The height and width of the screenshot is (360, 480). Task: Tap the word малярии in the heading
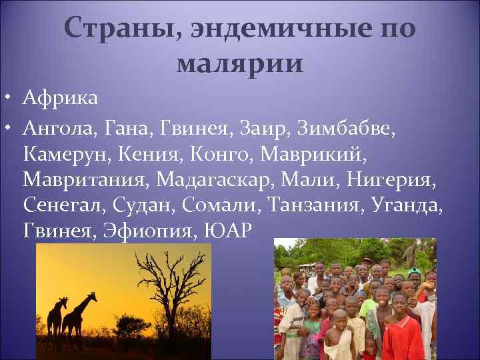(x=240, y=64)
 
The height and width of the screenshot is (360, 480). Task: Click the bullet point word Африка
(x=60, y=99)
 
